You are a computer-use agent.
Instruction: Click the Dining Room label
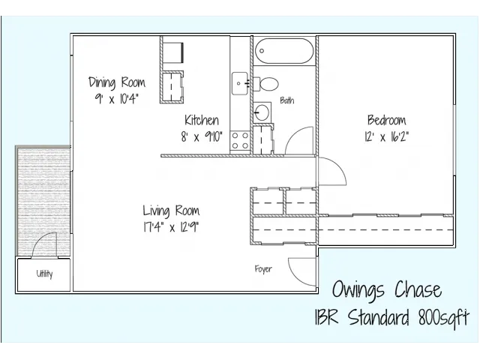(x=117, y=82)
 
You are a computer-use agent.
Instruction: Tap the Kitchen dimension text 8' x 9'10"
(x=202, y=136)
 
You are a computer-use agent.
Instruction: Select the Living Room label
(x=171, y=211)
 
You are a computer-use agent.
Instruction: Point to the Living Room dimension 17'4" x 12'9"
(x=171, y=227)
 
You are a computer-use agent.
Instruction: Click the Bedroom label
(x=387, y=120)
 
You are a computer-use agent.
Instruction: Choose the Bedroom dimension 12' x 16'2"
(x=387, y=136)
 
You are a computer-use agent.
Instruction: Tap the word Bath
(x=287, y=100)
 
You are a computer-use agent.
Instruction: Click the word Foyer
(x=263, y=268)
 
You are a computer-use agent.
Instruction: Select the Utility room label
(x=44, y=273)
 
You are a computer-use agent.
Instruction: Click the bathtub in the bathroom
(x=284, y=51)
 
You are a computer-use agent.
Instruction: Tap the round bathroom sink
(x=262, y=112)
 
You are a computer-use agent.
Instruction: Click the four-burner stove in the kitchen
(x=240, y=140)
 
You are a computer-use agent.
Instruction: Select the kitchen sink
(x=239, y=83)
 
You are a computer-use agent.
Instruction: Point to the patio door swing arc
(x=39, y=239)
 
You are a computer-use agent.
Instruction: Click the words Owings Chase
(x=387, y=289)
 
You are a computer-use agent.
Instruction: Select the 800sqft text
(x=443, y=316)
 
